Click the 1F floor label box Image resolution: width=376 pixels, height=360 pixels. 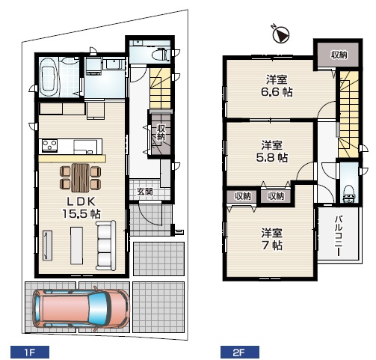[30, 353]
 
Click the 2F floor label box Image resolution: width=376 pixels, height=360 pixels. [240, 353]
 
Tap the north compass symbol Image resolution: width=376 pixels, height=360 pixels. [281, 34]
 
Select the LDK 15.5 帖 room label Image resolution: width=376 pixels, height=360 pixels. [81, 207]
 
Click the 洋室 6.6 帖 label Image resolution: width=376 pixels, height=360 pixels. [277, 86]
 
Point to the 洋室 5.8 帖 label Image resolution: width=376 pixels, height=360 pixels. [272, 151]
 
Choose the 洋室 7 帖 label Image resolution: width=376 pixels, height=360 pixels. [271, 239]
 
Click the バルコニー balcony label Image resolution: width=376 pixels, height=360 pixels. [338, 236]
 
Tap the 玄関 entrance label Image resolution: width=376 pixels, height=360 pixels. [145, 192]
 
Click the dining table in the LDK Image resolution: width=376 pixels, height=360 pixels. [80, 177]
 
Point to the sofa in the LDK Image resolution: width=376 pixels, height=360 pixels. [106, 245]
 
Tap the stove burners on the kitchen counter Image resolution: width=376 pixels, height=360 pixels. [50, 145]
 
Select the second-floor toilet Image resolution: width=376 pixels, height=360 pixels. [348, 194]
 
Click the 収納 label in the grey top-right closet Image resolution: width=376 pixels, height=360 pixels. [339, 55]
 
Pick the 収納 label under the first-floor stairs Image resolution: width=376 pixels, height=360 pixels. [161, 132]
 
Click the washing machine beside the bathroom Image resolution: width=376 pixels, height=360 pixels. [93, 66]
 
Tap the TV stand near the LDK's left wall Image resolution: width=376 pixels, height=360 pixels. [47, 245]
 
